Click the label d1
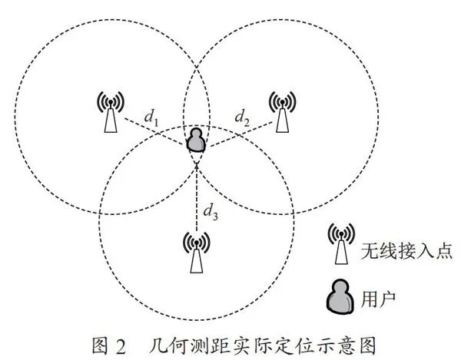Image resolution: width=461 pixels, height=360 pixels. pyautogui.click(x=151, y=117)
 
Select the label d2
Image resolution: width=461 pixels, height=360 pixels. pyautogui.click(x=242, y=117)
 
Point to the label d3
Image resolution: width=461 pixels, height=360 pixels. pyautogui.click(x=211, y=211)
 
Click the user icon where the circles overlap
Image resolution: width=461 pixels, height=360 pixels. pyautogui.click(x=197, y=140)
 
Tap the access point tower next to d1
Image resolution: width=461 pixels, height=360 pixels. pyautogui.click(x=111, y=111)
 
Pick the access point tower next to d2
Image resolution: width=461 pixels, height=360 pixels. pyautogui.click(x=282, y=111)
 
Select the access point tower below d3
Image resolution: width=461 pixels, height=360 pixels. pyautogui.click(x=197, y=252)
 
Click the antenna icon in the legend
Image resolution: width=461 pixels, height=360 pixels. pyautogui.click(x=341, y=244)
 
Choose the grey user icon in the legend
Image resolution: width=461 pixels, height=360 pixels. pyautogui.click(x=340, y=296)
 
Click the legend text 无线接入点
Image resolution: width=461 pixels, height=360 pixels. pyautogui.click(x=406, y=251)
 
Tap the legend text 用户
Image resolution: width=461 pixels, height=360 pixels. pyautogui.click(x=378, y=299)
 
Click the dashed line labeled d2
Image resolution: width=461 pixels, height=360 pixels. pyautogui.click(x=240, y=134)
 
